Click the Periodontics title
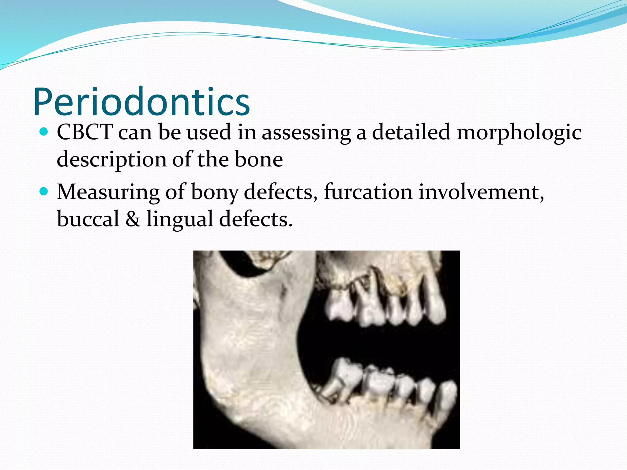(x=141, y=102)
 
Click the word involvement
(x=481, y=192)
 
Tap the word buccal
(x=88, y=219)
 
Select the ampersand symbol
(x=133, y=219)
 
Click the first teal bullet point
(x=44, y=132)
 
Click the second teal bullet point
(x=44, y=192)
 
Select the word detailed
(x=411, y=132)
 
